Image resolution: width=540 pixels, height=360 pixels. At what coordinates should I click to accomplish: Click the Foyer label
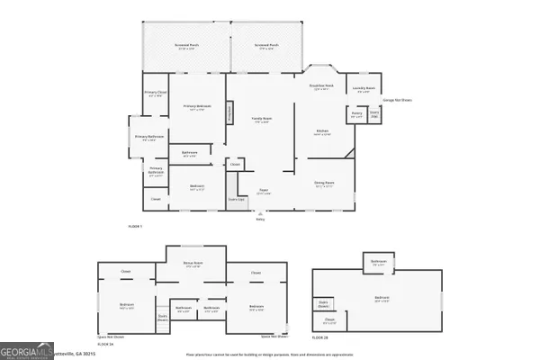point(264,192)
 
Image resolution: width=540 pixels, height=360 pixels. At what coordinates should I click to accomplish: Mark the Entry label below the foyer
point(260,219)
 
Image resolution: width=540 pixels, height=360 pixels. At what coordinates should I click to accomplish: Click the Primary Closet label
point(154,94)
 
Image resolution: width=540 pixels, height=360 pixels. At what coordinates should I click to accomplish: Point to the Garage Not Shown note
point(397,100)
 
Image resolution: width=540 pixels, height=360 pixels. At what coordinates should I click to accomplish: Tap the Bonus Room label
point(192,263)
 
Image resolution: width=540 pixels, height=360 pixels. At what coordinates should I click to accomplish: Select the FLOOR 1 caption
point(136,225)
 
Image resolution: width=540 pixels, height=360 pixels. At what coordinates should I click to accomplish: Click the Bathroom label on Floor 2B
point(377,262)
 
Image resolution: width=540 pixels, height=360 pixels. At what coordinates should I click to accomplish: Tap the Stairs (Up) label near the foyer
point(236,200)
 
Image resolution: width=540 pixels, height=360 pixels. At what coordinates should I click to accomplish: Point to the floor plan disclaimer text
point(270,355)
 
